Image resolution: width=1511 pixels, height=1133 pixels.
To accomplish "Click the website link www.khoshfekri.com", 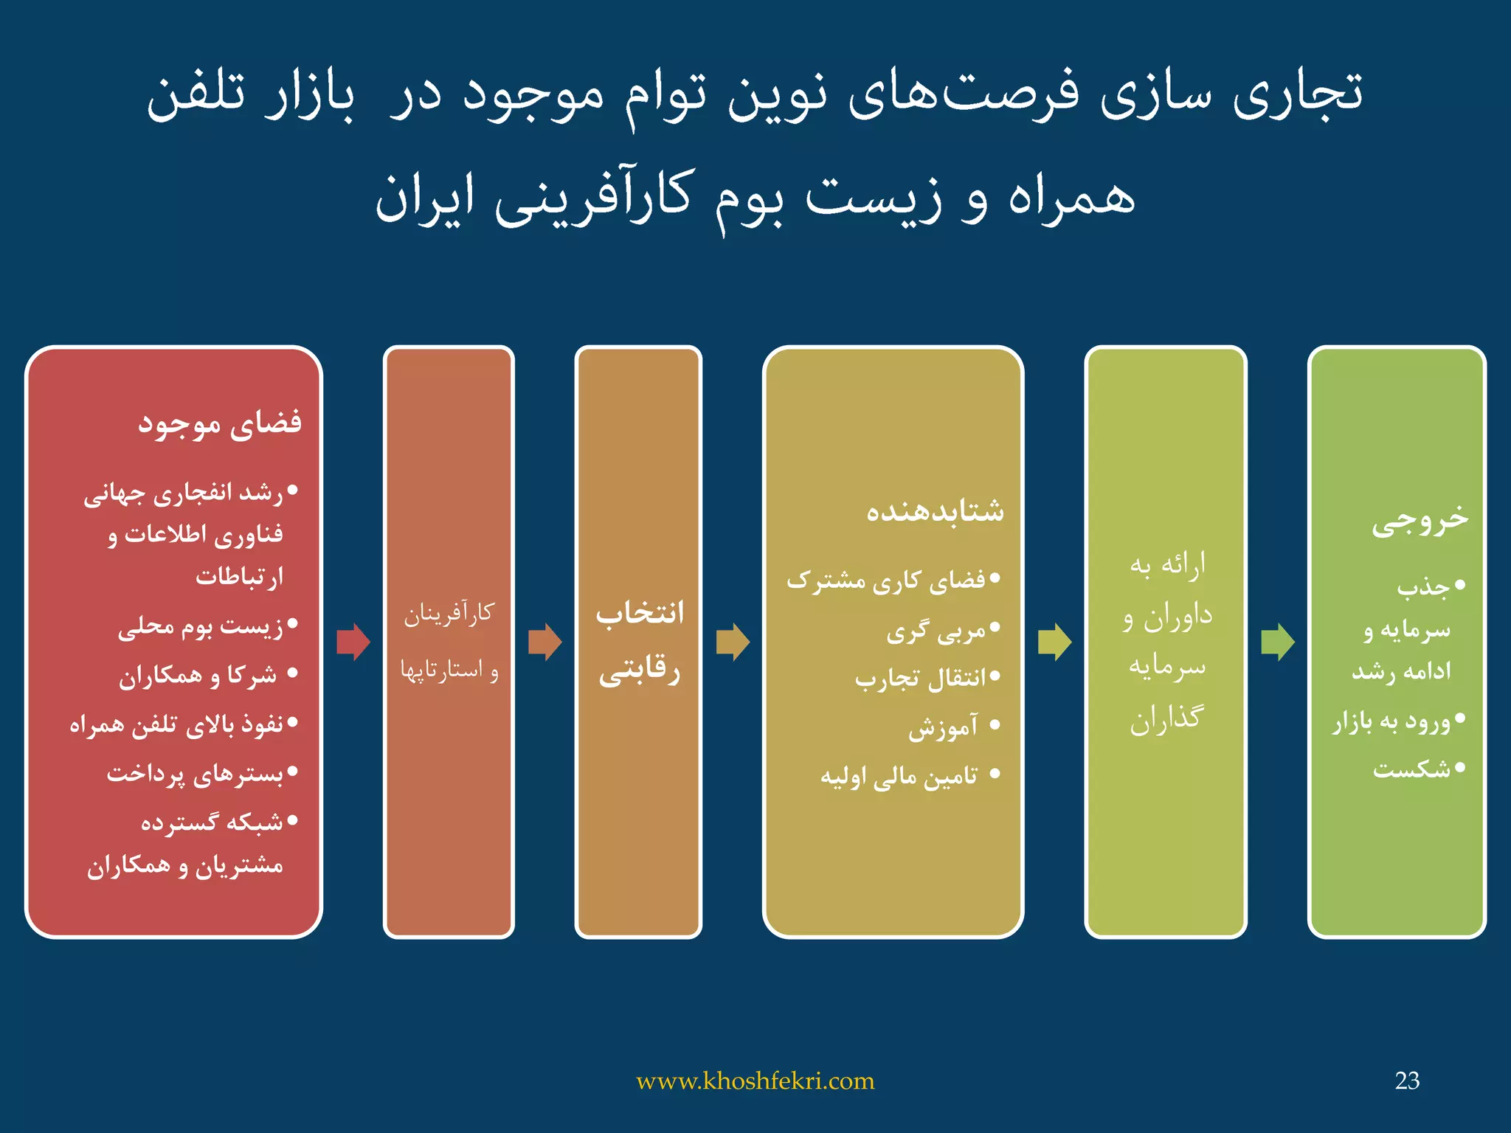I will pos(755,1081).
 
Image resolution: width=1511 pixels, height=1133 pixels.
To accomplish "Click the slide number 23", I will pos(1407,1081).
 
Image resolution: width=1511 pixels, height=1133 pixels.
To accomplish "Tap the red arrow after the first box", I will pos(353,641).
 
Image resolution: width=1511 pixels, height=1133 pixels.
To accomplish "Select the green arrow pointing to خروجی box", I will pos(1277,641).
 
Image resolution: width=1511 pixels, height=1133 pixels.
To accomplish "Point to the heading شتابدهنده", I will pos(935,510).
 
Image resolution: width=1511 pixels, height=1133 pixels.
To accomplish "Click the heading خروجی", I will pos(1420,520).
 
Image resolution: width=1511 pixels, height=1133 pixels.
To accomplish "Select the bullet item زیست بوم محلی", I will pos(201,626).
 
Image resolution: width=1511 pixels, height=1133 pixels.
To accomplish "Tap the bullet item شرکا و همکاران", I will pos(198,675).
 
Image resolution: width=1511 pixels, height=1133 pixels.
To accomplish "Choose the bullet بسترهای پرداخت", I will pos(196,774).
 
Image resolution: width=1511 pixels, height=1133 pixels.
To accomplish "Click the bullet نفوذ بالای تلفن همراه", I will pos(177,724).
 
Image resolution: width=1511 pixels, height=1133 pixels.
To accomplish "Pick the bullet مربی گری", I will pos(936,631).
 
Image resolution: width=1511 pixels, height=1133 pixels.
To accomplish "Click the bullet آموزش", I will pos(943,727).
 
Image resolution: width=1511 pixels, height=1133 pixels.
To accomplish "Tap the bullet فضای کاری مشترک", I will pos(886,581).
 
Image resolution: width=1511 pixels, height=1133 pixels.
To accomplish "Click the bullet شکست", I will pos(1411,769).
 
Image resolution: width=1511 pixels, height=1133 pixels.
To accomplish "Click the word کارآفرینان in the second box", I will pos(449,614).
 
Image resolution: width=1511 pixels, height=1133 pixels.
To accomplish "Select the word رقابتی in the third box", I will pos(639,671).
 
